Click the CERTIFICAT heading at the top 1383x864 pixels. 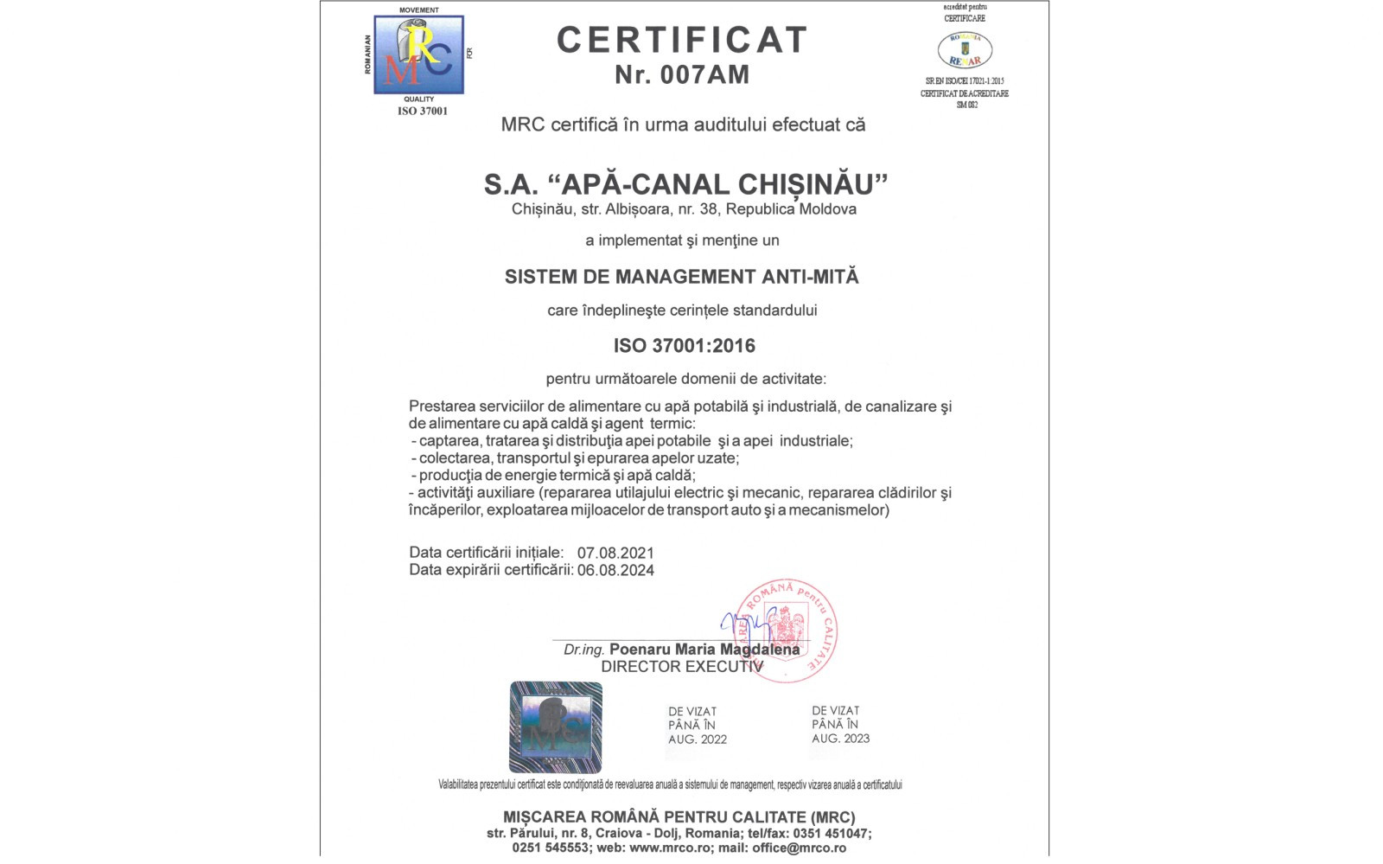coord(682,40)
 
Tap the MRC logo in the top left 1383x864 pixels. coord(419,54)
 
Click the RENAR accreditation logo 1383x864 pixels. coord(965,50)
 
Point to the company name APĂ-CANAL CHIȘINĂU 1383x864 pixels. coord(723,184)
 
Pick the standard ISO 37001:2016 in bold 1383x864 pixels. coord(684,346)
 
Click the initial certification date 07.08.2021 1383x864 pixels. coord(615,553)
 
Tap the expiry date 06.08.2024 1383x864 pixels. coord(615,570)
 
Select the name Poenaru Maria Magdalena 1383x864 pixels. coord(704,650)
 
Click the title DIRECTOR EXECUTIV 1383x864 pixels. coord(682,667)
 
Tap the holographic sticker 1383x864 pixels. coord(555,726)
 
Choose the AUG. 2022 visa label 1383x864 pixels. coord(697,739)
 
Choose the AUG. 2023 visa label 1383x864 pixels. coord(840,739)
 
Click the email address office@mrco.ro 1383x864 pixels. coord(799,848)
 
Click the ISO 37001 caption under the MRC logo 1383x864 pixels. coord(423,112)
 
